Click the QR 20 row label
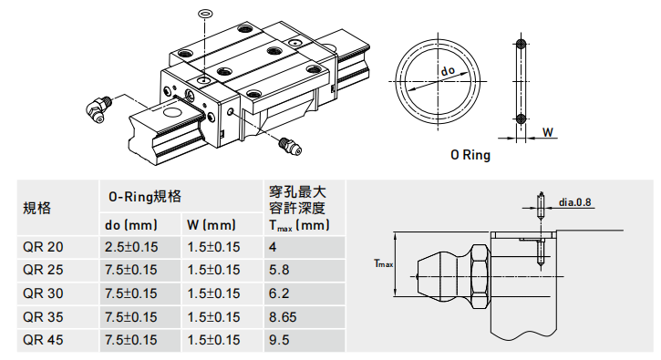click(43, 247)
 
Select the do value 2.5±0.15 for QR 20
click(130, 247)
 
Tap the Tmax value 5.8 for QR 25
click(279, 270)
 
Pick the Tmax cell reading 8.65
click(283, 316)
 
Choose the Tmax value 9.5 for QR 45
click(279, 340)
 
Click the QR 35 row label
click(43, 316)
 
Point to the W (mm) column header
click(212, 225)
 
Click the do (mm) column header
click(130, 225)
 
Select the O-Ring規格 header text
click(145, 197)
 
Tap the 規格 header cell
click(37, 208)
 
